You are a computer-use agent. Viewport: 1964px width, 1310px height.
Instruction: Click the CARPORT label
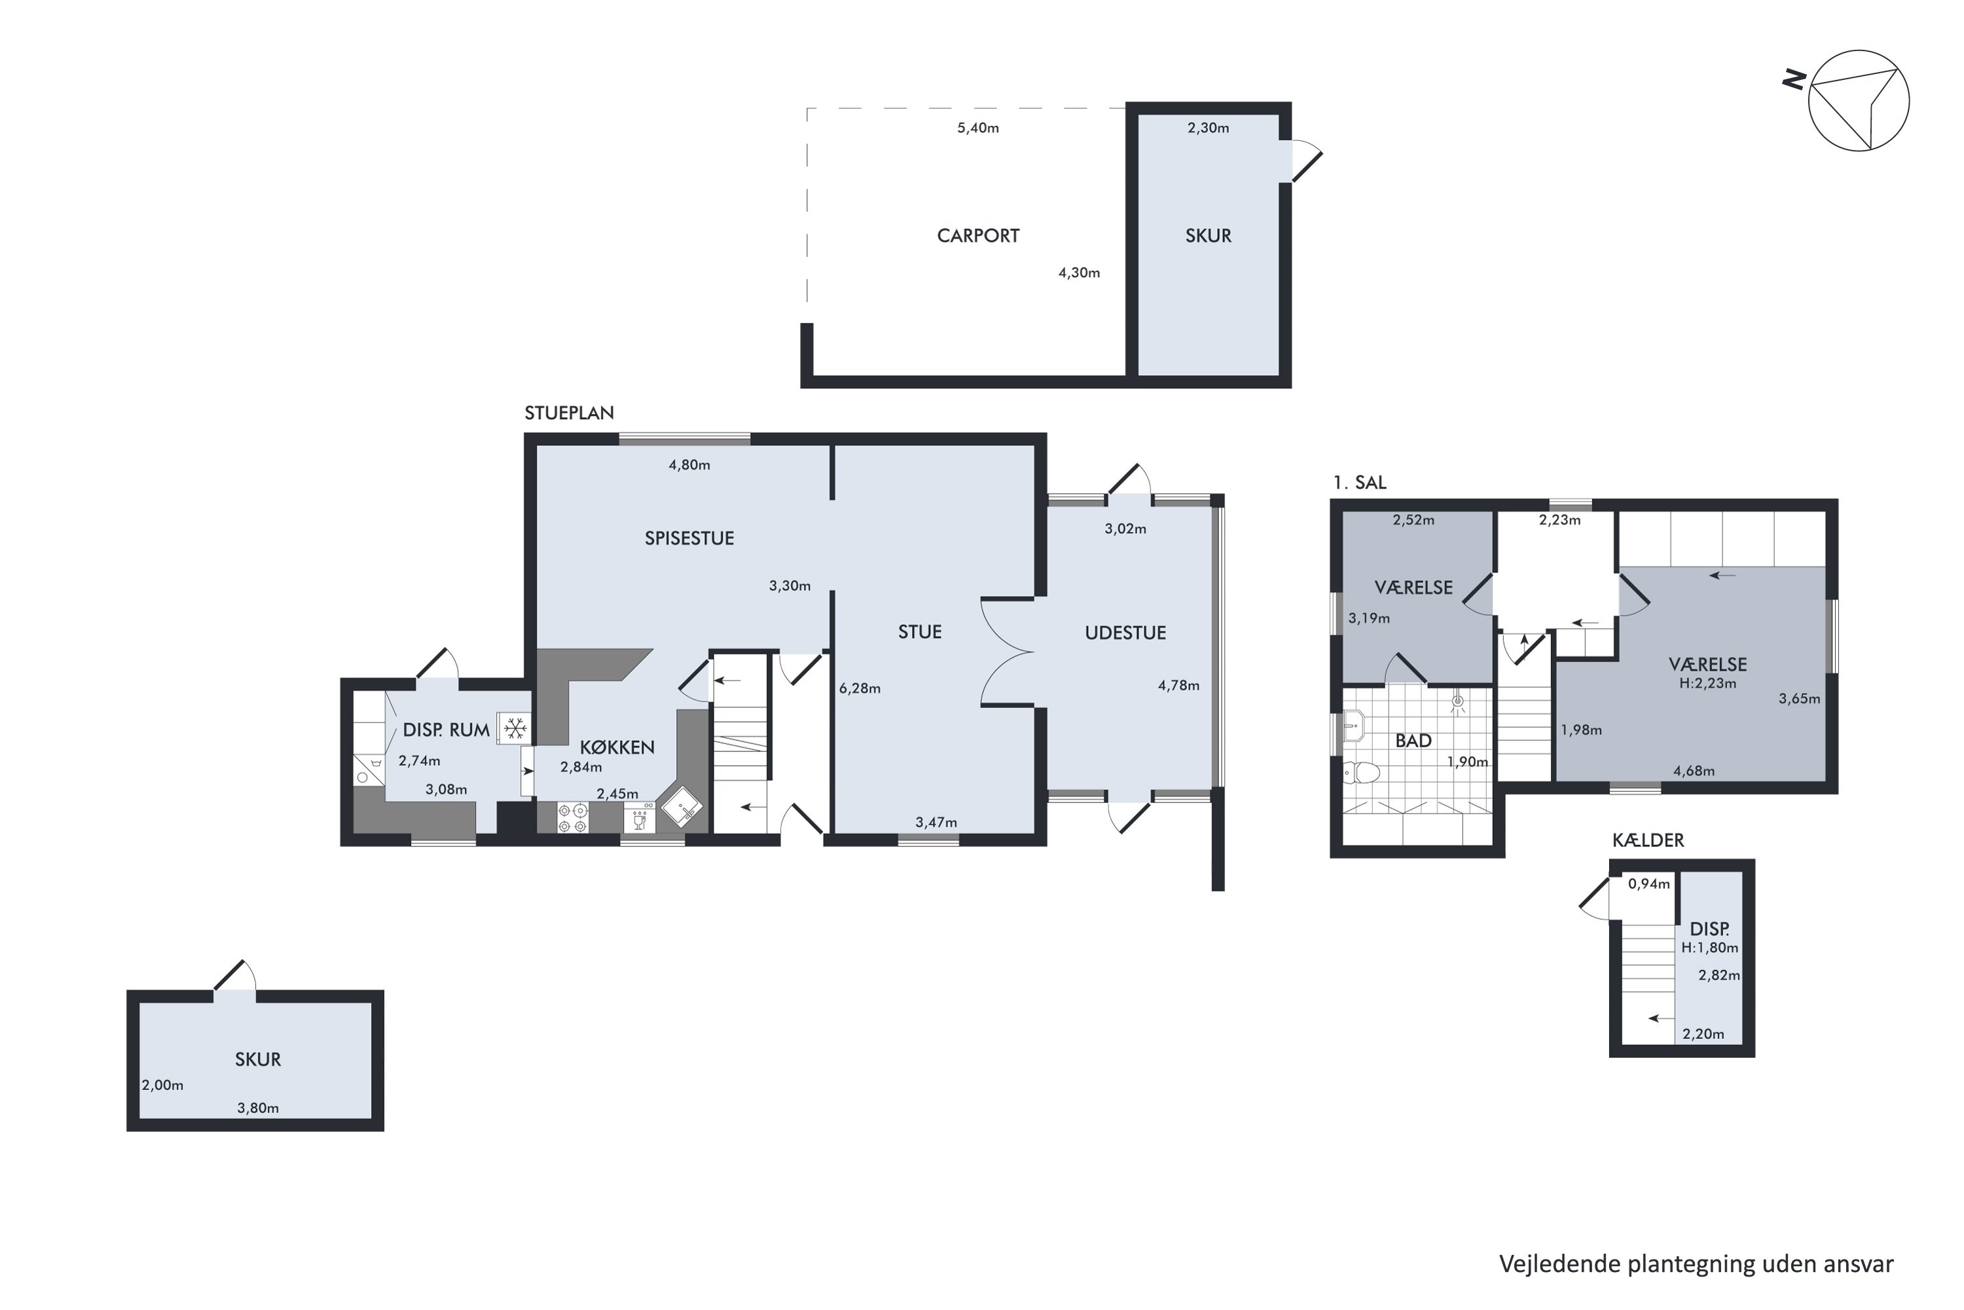point(978,236)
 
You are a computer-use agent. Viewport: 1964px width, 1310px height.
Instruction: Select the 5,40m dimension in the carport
point(978,128)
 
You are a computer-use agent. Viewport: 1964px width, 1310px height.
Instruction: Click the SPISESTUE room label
point(689,538)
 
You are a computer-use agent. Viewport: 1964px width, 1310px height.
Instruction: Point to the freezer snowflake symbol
point(515,728)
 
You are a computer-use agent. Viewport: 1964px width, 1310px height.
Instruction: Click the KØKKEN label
point(617,747)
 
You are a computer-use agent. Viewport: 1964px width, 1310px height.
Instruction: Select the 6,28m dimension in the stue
point(860,688)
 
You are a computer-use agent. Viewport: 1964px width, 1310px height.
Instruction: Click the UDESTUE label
point(1125,633)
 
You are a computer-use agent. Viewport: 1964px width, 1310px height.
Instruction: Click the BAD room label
point(1413,740)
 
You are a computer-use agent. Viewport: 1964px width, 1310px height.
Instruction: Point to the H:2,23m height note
point(1707,683)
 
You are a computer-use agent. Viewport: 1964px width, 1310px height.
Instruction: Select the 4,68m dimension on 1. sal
point(1694,770)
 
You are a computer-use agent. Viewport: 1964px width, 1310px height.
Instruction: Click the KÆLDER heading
point(1648,840)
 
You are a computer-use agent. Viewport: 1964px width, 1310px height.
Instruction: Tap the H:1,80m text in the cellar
point(1709,947)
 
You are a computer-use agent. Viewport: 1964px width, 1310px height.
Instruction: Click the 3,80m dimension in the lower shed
point(258,1108)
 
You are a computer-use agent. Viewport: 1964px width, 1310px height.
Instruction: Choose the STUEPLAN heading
point(569,413)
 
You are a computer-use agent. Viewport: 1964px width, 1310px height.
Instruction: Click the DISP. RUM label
point(446,730)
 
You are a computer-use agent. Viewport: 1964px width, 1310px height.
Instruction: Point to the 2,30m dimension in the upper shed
point(1209,128)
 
